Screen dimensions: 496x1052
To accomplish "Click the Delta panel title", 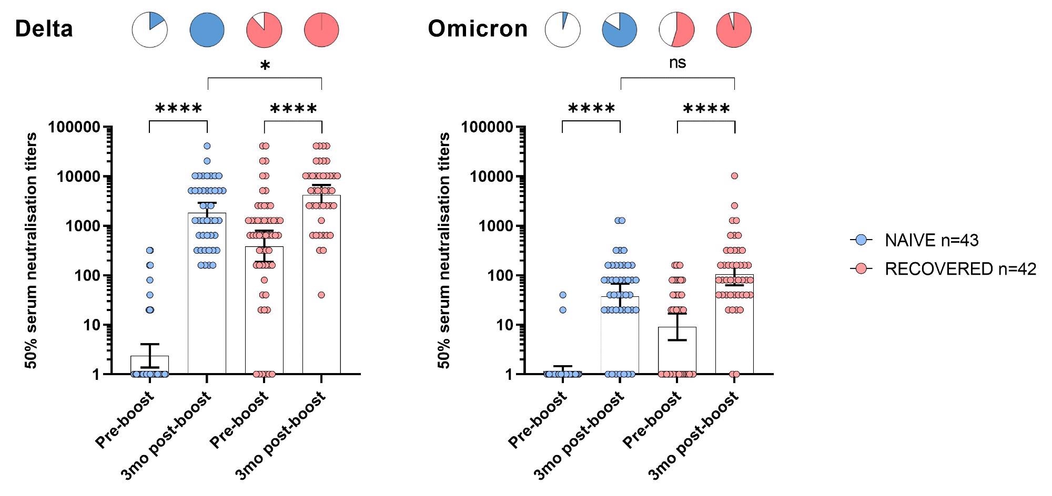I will pyautogui.click(x=44, y=28).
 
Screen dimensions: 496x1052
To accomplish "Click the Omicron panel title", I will pyautogui.click(x=478, y=28).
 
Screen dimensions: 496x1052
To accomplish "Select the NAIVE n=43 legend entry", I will pyautogui.click(x=931, y=240).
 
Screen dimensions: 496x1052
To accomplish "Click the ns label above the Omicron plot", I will pyautogui.click(x=677, y=63).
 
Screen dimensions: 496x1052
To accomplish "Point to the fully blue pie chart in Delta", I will pyautogui.click(x=207, y=29).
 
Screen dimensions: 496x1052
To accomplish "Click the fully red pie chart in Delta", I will pyautogui.click(x=321, y=29).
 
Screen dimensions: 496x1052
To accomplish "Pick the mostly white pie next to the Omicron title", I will pyautogui.click(x=562, y=29).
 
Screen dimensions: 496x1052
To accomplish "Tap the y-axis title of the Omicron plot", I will pyautogui.click(x=444, y=251).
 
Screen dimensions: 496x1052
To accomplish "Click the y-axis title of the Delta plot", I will pyautogui.click(x=32, y=251).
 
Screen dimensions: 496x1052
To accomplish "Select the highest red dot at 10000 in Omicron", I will pyautogui.click(x=734, y=176).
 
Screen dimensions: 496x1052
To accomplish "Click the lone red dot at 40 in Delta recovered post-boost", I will pyautogui.click(x=321, y=295).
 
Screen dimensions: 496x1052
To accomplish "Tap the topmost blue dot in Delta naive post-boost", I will pyautogui.click(x=207, y=146).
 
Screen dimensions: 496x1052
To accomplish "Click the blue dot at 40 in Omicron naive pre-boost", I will pyautogui.click(x=563, y=295).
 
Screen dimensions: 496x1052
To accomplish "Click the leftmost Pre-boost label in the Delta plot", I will pyautogui.click(x=125, y=420).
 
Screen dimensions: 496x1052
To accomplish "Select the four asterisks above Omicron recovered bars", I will pyautogui.click(x=706, y=109).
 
